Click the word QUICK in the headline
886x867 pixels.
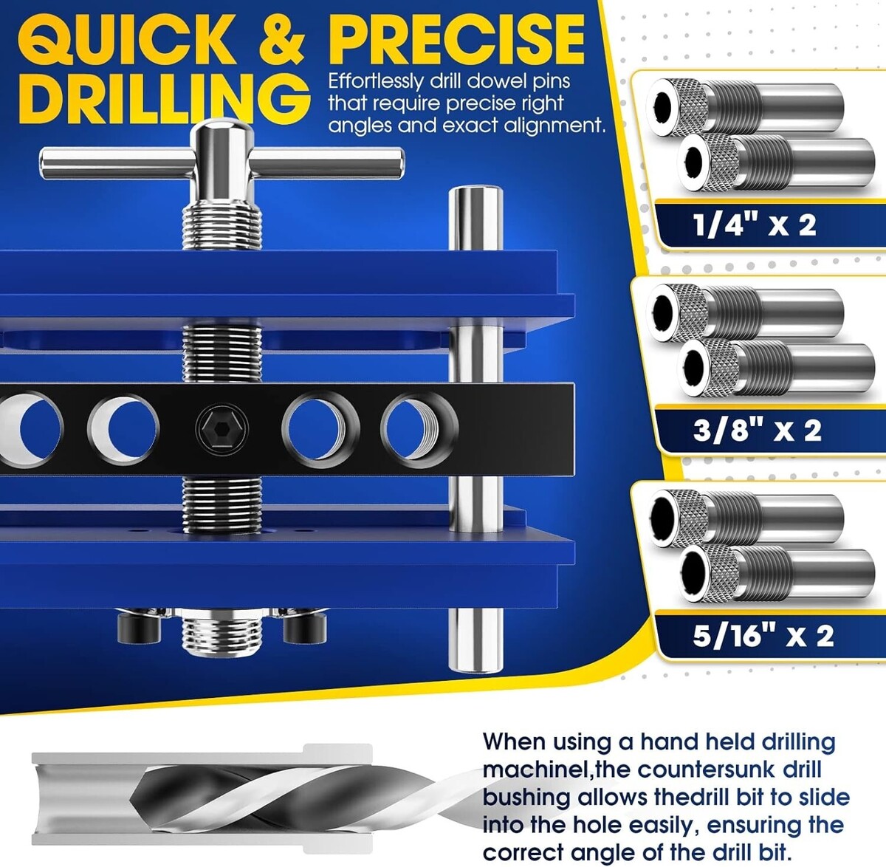click(x=128, y=40)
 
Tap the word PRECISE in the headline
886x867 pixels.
click(x=456, y=40)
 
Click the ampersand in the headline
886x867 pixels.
click(x=282, y=40)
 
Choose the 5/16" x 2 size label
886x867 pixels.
click(x=763, y=636)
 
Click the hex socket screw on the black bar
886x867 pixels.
click(x=222, y=428)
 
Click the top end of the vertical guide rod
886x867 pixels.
click(x=475, y=191)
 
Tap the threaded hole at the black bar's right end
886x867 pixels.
click(x=419, y=431)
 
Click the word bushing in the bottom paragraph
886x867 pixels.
click(x=526, y=798)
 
